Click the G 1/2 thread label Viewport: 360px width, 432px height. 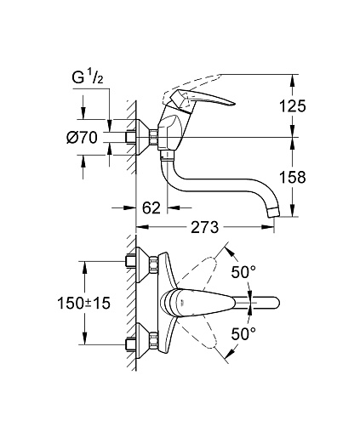[88, 77]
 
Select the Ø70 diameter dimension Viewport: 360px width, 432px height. [83, 138]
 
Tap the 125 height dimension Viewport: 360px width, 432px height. [293, 106]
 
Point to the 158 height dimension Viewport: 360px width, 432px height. [293, 178]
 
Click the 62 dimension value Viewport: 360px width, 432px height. [151, 208]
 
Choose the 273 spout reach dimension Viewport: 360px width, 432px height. [205, 227]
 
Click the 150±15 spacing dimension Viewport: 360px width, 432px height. [83, 304]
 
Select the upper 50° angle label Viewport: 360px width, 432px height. [243, 273]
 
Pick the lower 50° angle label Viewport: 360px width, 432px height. [243, 333]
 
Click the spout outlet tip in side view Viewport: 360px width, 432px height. [274, 213]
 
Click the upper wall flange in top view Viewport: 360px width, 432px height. [142, 264]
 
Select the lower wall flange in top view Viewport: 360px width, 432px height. [142, 341]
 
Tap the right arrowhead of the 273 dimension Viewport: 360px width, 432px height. [267, 227]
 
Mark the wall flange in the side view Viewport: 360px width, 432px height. [142, 137]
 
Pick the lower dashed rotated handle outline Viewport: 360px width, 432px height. [199, 333]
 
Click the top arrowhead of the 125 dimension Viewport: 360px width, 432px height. [293, 81]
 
